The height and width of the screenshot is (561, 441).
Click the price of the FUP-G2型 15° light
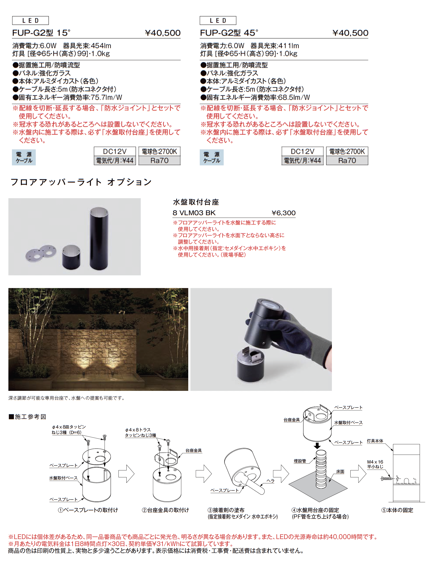[163, 33]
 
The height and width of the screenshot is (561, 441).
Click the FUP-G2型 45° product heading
[229, 33]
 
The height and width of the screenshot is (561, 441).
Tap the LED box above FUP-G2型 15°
[30, 20]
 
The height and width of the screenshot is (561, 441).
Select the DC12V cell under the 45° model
[302, 151]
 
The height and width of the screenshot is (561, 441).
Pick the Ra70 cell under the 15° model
[159, 161]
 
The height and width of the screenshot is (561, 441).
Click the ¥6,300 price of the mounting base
[283, 213]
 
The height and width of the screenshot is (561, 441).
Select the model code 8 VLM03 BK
[194, 213]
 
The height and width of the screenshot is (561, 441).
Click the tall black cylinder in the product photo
[99, 238]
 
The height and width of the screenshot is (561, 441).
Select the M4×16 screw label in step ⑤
[375, 464]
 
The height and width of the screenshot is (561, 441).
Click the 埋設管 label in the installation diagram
[300, 461]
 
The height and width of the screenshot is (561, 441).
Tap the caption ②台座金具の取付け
[165, 510]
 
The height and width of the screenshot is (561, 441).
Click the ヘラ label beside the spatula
[270, 481]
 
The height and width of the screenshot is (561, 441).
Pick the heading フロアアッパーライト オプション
[81, 182]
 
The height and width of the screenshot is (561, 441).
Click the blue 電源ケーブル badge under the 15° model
[24, 157]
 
